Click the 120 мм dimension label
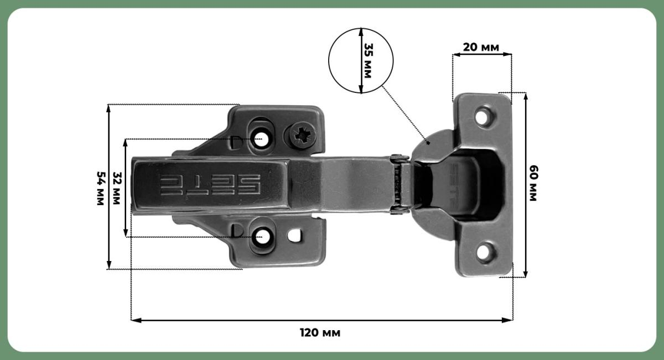click(320, 333)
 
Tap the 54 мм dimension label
click(101, 189)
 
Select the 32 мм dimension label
click(117, 189)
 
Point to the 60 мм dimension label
click(533, 184)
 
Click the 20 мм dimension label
click(481, 48)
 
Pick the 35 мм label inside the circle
click(368, 61)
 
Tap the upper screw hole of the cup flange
click(483, 117)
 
